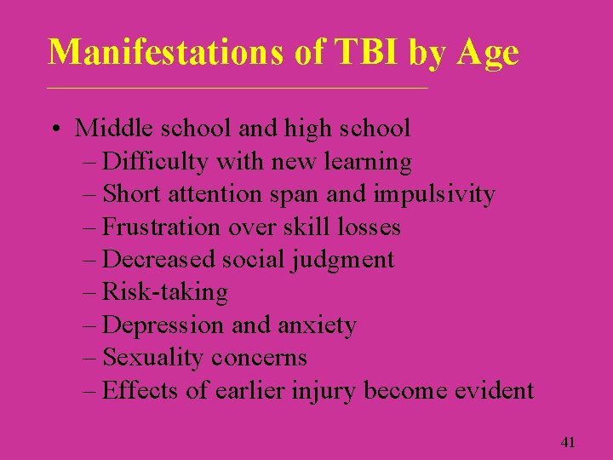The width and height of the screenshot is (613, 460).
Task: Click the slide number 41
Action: tap(569, 442)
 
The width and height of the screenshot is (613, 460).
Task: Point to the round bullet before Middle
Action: tap(54, 129)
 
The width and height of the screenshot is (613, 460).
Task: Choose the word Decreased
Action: tap(158, 259)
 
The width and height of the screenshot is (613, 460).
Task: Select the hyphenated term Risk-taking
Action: tap(165, 292)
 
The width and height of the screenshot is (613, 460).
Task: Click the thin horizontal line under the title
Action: tap(238, 89)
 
